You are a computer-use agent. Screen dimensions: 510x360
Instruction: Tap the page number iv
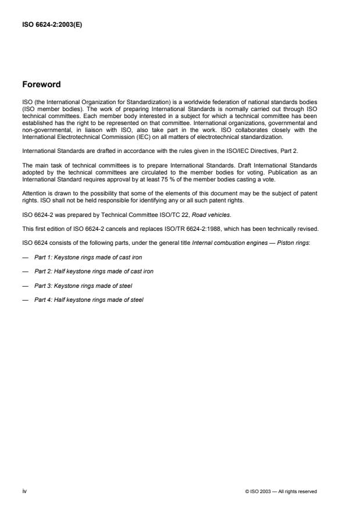[x=24, y=491]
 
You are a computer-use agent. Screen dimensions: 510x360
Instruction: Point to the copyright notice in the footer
[x=281, y=492]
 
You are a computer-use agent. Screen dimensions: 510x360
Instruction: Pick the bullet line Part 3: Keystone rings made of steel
[x=81, y=286]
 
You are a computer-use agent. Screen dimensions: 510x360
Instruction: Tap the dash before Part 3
[x=25, y=286]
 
